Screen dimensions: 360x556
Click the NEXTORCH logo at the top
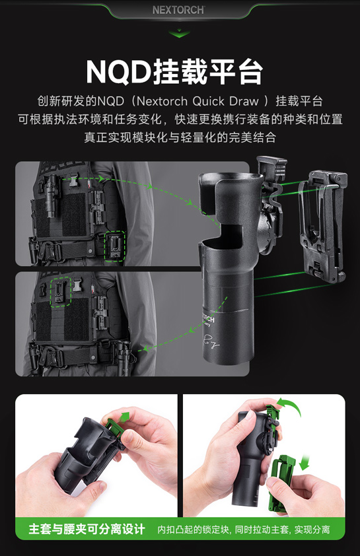point(178,10)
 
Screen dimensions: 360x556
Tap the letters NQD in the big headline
point(119,72)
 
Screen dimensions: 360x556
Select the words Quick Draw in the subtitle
point(225,101)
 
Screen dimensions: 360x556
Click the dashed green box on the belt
point(116,246)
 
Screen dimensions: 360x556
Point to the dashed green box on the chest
point(61,292)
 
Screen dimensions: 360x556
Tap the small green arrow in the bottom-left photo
point(125,417)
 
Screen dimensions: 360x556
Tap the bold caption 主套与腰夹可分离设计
point(87,530)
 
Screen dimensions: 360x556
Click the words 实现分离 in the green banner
point(312,530)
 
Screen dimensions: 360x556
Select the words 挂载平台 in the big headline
point(208,72)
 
